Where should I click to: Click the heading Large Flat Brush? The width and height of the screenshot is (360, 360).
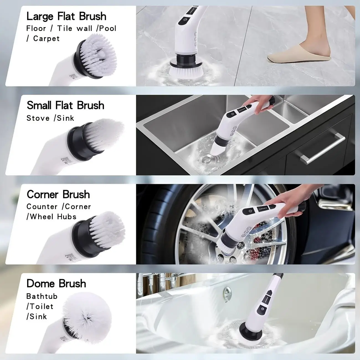[66, 16]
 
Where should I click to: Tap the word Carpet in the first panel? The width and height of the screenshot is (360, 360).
[46, 38]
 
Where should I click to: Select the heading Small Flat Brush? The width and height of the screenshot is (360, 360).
[65, 106]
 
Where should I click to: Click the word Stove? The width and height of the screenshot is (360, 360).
[38, 118]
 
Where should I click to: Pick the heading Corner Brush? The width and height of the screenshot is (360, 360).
[58, 194]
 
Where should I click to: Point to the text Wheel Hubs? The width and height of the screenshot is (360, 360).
[53, 217]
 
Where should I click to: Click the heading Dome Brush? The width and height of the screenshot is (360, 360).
[56, 284]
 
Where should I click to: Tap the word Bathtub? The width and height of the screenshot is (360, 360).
[42, 296]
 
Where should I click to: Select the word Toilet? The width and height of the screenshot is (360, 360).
[41, 307]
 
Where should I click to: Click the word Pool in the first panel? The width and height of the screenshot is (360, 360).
[108, 28]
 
